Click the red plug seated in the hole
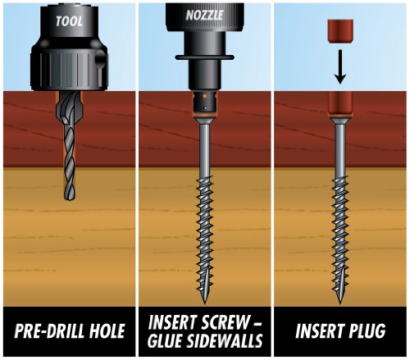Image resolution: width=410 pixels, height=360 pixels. pos(341,104)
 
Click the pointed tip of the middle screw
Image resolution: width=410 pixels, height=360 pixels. pos(203,298)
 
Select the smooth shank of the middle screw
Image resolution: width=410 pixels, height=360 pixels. pos(203,152)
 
